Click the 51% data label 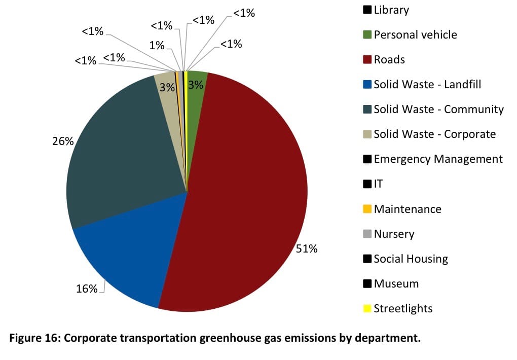coord(307,249)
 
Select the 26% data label coord(63,141)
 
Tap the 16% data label coord(86,289)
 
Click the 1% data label coord(157,46)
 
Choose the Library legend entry coord(391,10)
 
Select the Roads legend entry coord(389,60)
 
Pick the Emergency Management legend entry coord(438,159)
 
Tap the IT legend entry coord(378,184)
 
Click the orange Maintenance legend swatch coord(367,209)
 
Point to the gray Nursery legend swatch coord(367,234)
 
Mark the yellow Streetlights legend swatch coord(367,308)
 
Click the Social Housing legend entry coord(411,259)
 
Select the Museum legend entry coord(396,284)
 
